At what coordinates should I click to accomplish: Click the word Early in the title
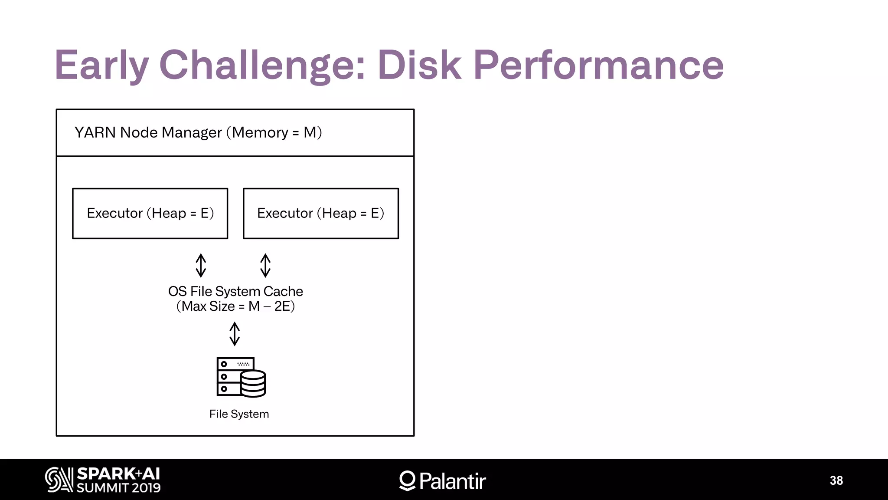(101, 65)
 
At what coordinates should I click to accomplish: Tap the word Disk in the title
(419, 65)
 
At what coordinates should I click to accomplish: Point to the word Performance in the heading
(598, 65)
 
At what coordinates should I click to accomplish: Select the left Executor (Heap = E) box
(150, 213)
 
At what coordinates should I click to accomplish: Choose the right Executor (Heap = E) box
(320, 213)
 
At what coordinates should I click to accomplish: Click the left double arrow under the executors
(201, 265)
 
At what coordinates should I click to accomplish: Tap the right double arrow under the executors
(265, 265)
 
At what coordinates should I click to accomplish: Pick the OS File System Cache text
(235, 291)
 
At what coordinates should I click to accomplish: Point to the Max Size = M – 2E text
(235, 306)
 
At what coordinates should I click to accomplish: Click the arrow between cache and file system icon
(235, 333)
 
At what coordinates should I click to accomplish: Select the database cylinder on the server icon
(253, 384)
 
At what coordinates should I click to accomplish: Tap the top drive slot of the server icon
(235, 364)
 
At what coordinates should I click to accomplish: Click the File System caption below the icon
(239, 414)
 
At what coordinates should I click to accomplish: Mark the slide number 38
(836, 480)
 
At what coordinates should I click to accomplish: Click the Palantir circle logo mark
(407, 480)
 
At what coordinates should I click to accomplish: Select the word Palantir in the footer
(452, 481)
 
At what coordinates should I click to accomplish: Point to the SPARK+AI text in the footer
(118, 474)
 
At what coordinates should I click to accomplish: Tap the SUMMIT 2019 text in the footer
(118, 488)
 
